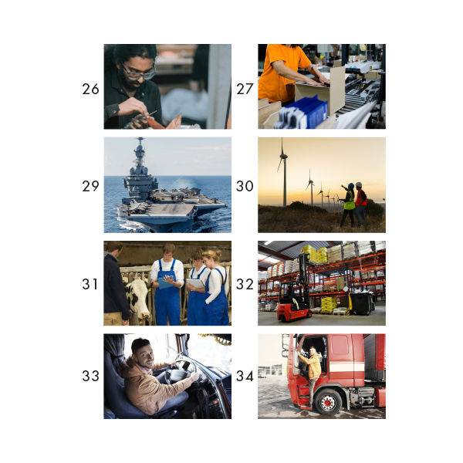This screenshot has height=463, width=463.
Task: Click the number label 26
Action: pyautogui.click(x=90, y=90)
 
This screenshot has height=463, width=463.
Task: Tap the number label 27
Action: pyautogui.click(x=245, y=90)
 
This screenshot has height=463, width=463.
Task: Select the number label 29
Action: pyautogui.click(x=90, y=186)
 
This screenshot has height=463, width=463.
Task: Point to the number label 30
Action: pyautogui.click(x=245, y=186)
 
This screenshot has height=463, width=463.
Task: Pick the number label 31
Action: pyautogui.click(x=90, y=284)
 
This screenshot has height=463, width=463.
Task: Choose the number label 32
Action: pyautogui.click(x=245, y=284)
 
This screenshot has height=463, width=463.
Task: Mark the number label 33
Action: pyautogui.click(x=90, y=377)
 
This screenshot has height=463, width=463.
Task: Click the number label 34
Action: pyautogui.click(x=245, y=377)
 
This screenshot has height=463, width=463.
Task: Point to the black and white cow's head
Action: pyautogui.click(x=138, y=296)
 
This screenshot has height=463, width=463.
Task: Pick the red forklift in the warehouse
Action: pyautogui.click(x=293, y=302)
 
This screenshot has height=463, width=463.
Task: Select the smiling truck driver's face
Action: pyautogui.click(x=142, y=353)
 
